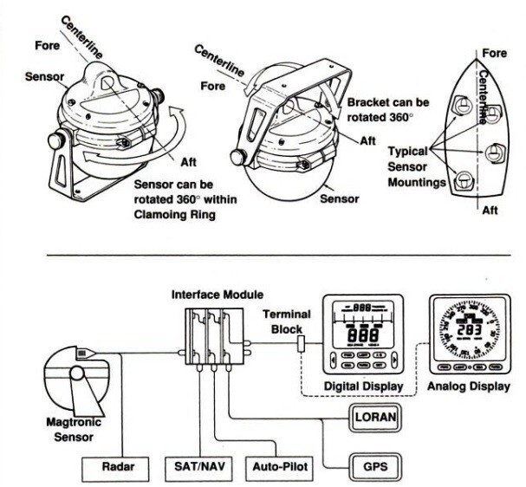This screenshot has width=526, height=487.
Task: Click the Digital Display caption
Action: click(365, 386)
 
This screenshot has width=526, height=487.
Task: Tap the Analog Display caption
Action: click(469, 386)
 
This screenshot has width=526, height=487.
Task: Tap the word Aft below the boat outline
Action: click(490, 211)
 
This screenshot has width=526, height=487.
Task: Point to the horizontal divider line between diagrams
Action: click(260, 256)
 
